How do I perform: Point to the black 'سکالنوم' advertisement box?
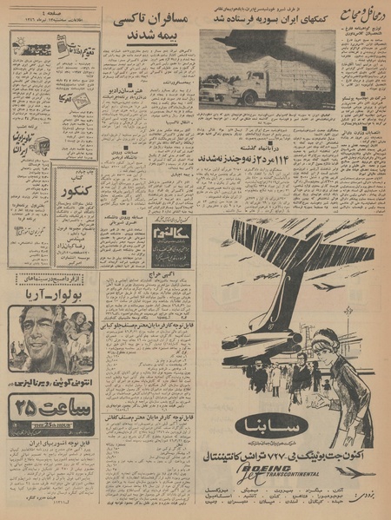[173, 243]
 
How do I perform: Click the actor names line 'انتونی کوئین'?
[52, 381]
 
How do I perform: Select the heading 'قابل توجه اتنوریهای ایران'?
[52, 440]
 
